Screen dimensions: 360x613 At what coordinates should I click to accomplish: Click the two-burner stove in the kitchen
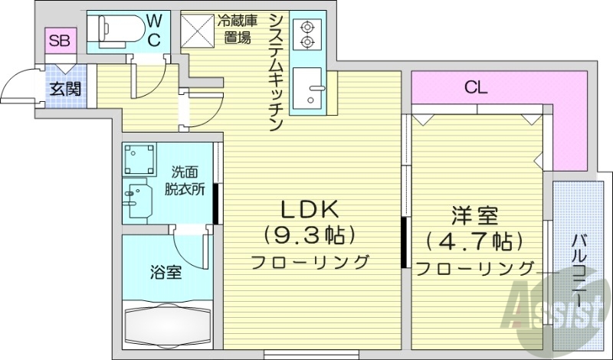308,33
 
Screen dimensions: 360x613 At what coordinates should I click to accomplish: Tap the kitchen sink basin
312,87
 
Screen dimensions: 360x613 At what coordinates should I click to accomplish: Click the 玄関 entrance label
64,88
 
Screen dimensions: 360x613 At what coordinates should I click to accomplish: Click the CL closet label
475,87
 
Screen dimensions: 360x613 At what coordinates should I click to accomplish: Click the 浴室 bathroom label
166,271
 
